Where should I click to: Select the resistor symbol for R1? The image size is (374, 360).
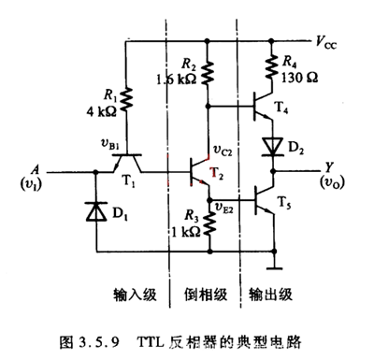click(126, 98)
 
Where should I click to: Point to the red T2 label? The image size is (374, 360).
click(217, 175)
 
